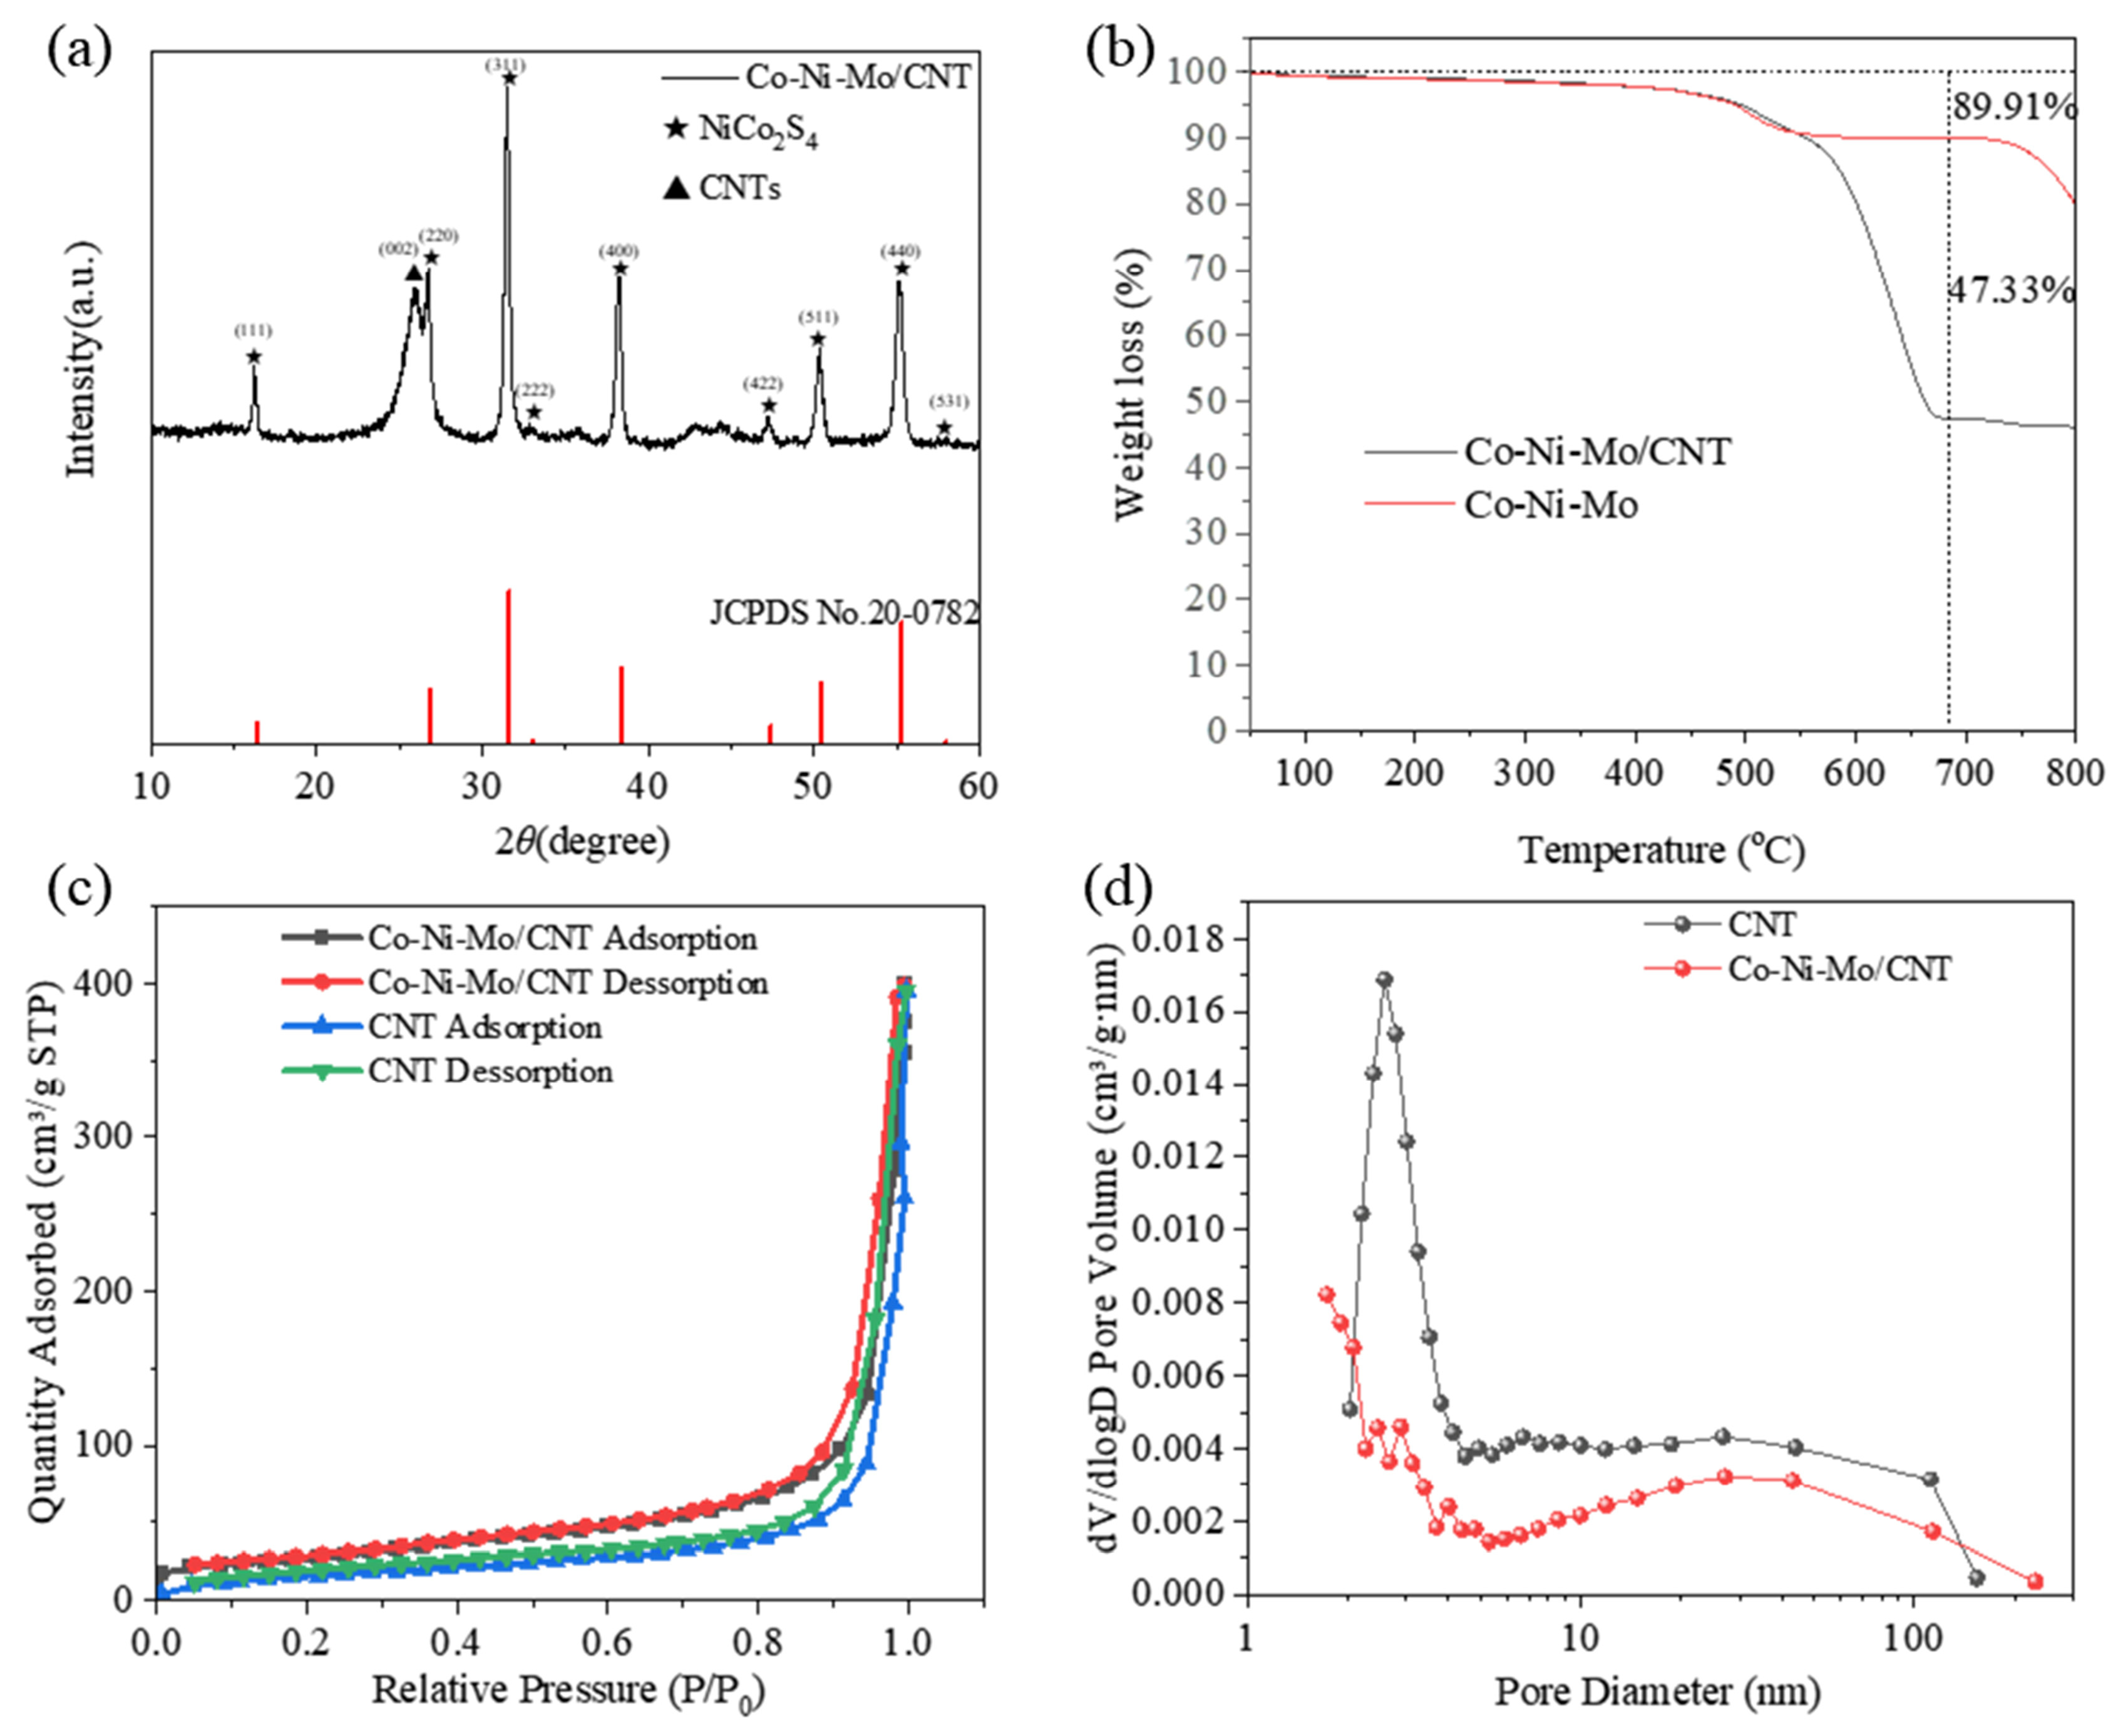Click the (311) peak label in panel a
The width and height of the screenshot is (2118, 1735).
click(x=506, y=65)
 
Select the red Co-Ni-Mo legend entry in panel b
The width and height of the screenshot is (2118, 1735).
click(x=1550, y=504)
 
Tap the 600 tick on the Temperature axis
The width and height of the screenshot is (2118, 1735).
click(x=1854, y=772)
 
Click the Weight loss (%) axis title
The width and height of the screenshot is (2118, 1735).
click(x=1131, y=385)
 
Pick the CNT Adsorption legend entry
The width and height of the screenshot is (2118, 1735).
click(x=485, y=1027)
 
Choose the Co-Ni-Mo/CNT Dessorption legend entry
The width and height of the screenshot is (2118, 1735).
click(x=567, y=983)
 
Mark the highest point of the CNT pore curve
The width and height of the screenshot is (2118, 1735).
click(x=1384, y=980)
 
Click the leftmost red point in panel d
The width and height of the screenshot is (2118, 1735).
click(x=1327, y=1293)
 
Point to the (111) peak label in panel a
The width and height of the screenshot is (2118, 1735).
click(x=253, y=331)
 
